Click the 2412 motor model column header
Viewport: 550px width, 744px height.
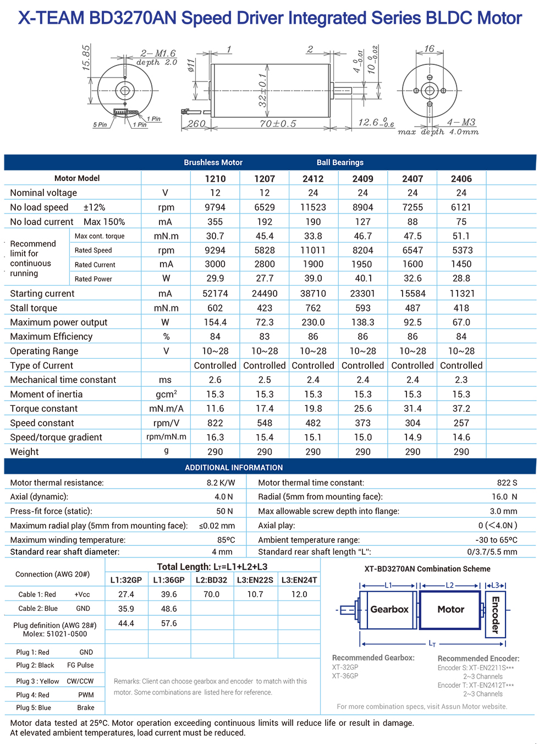click(x=313, y=179)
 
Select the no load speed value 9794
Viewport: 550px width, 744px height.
click(x=215, y=207)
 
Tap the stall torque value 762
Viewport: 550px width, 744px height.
click(x=313, y=308)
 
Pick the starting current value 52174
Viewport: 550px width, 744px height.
click(x=215, y=294)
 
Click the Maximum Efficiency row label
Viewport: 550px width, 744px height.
click(x=51, y=337)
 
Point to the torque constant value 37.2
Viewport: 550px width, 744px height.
click(x=461, y=409)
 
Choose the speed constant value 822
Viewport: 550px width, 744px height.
click(x=215, y=423)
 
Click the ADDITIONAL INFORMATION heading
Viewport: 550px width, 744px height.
click(x=234, y=468)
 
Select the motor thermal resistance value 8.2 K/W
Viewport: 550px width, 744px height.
click(x=221, y=483)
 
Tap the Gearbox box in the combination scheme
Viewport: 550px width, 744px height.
click(x=389, y=610)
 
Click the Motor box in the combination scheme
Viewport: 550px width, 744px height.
click(x=450, y=610)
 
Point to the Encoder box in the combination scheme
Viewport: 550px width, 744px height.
click(x=495, y=614)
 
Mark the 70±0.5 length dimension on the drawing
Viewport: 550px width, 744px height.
click(x=277, y=124)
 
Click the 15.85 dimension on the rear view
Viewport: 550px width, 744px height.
click(x=86, y=57)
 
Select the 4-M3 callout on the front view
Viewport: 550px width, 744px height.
click(x=461, y=122)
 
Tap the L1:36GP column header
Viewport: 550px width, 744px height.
click(x=169, y=580)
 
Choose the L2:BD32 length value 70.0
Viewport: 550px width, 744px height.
click(x=211, y=594)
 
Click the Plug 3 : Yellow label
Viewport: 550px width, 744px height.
click(x=37, y=681)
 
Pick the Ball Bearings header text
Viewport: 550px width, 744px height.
click(x=340, y=162)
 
